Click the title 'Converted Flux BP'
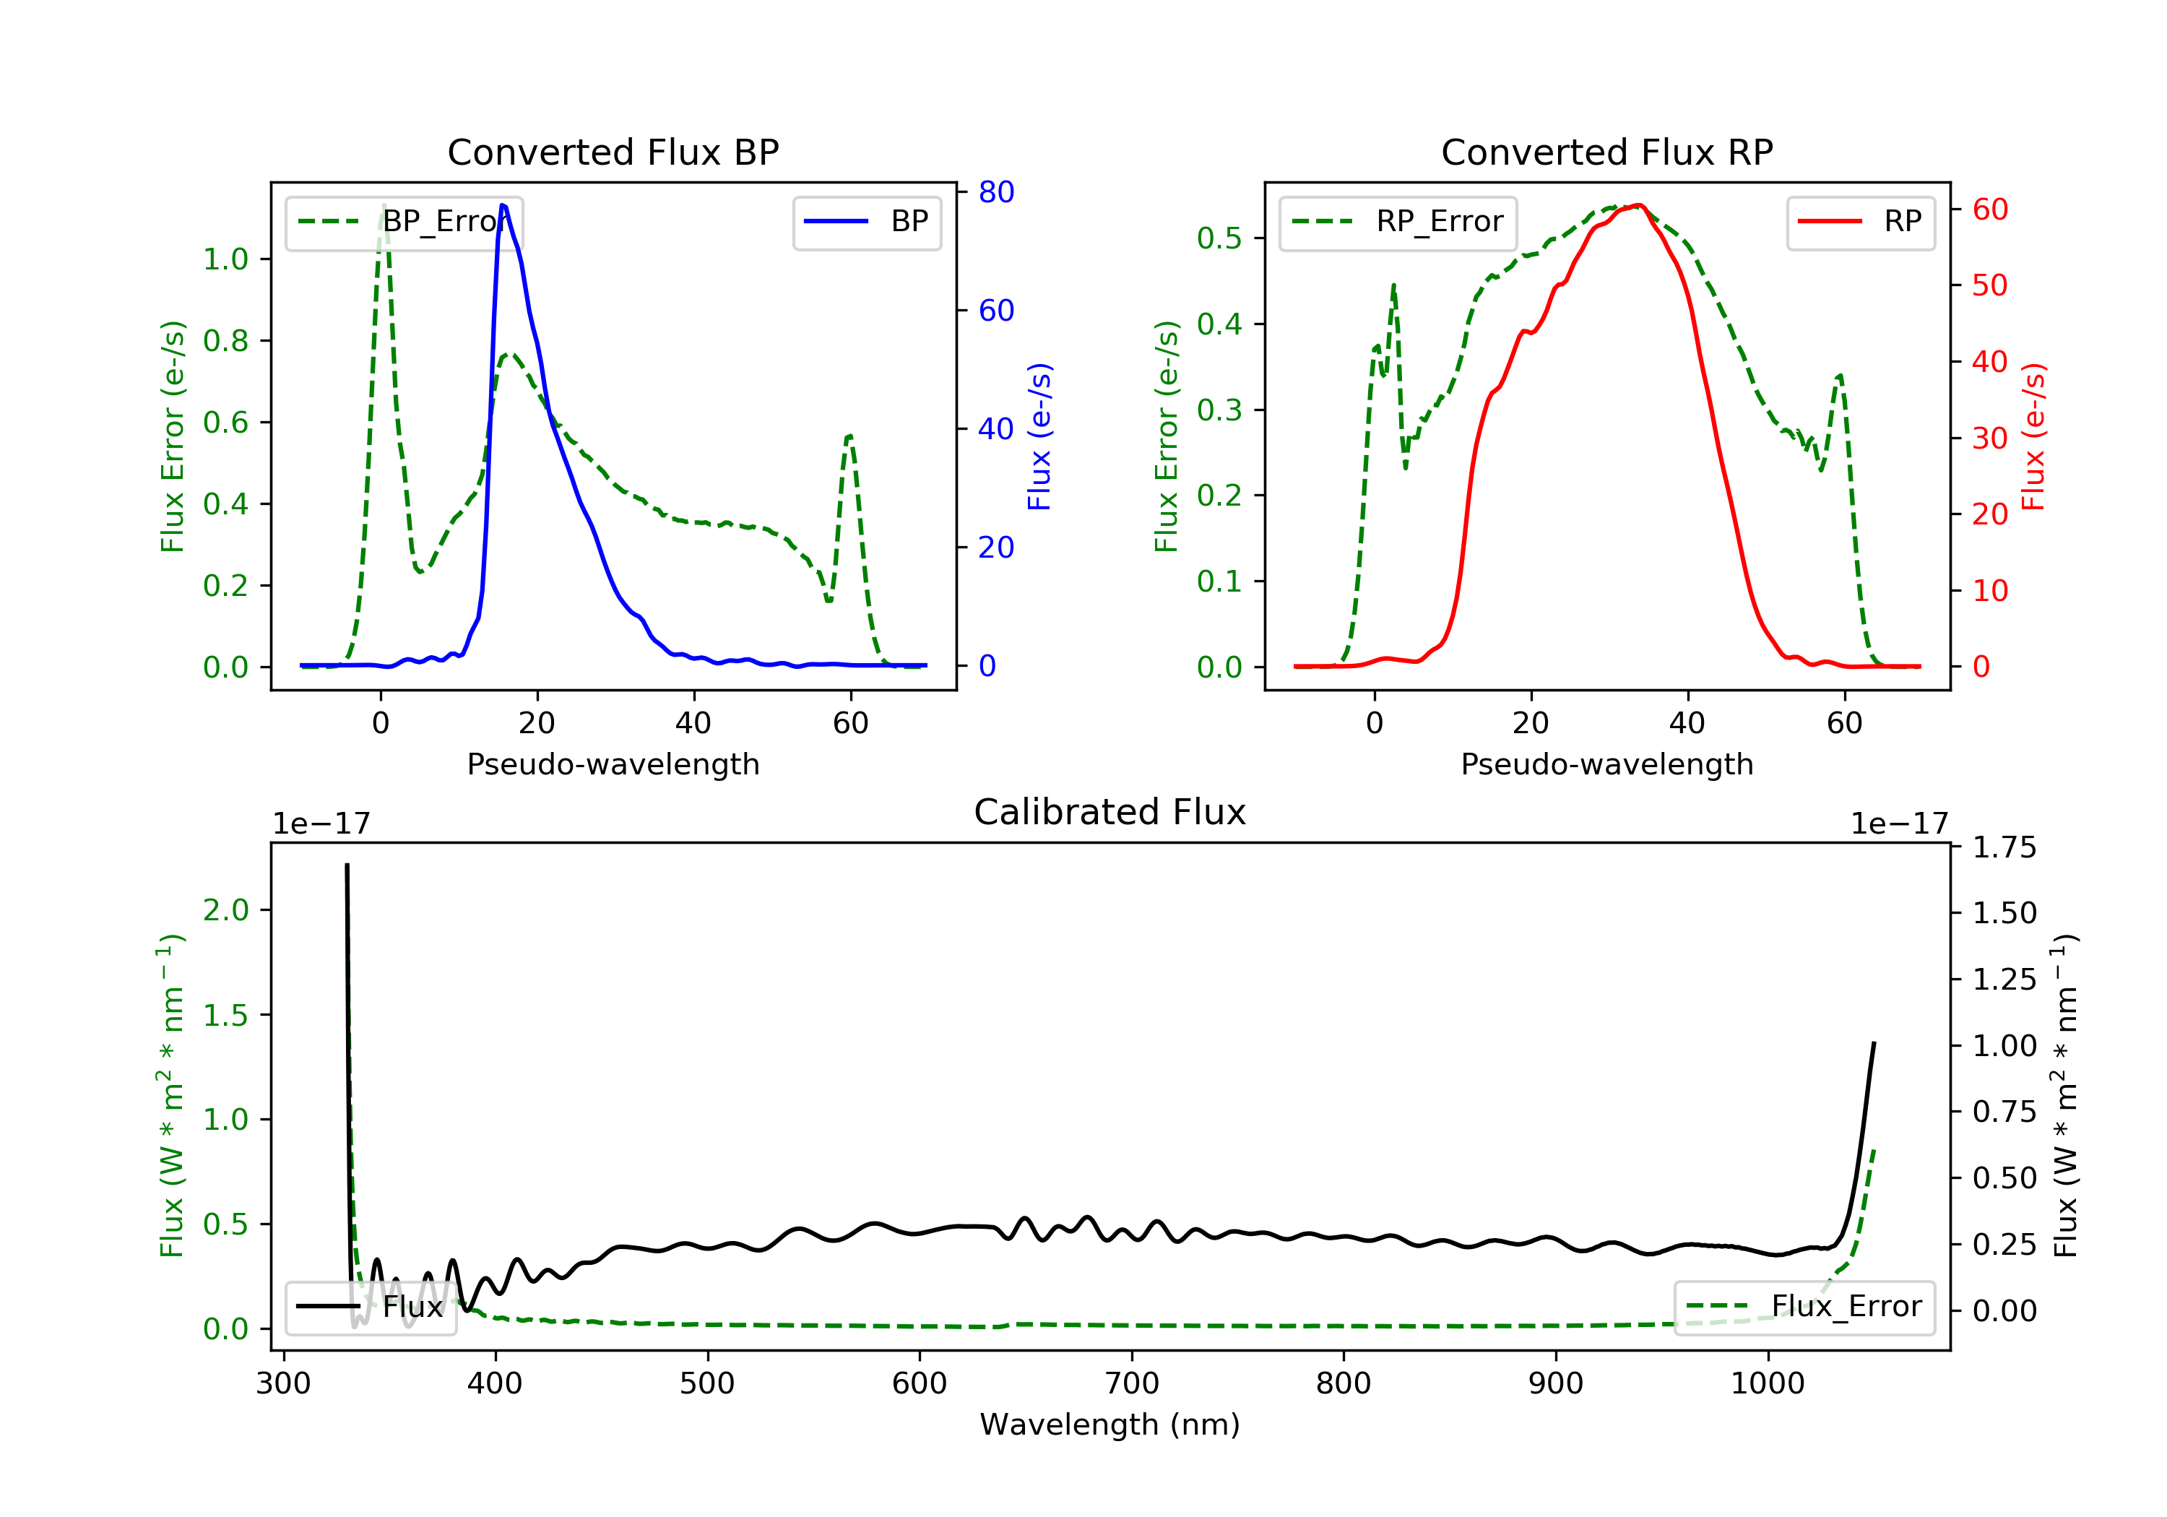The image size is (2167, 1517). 613,152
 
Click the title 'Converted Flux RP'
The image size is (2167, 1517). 1606,152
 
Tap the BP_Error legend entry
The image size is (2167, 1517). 404,222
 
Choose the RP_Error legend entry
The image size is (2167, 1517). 1398,222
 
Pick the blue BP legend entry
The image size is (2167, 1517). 866,222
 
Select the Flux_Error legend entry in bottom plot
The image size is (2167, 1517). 1804,1307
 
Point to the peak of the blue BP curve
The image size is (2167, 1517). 503,205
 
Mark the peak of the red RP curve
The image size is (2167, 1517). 1640,205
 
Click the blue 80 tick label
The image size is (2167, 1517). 995,193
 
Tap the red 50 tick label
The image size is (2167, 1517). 1989,285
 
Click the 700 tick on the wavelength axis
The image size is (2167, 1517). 1132,1384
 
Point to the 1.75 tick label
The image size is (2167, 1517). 2004,847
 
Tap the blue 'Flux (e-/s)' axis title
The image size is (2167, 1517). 1039,436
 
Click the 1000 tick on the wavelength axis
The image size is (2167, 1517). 1767,1384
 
